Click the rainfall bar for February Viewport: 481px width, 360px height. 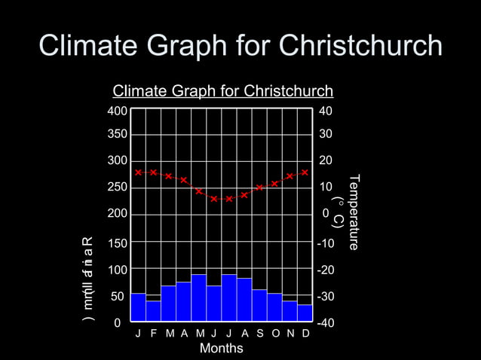[153, 311]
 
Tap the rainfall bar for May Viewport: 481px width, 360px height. [198, 298]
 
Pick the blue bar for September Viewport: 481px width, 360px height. [259, 306]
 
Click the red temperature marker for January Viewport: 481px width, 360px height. [138, 172]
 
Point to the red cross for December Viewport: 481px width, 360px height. [305, 172]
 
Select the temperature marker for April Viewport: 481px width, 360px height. [183, 180]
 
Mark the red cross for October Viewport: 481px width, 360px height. [274, 183]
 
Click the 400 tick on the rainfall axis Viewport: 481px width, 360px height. [115, 111]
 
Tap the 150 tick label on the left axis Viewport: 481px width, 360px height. [115, 243]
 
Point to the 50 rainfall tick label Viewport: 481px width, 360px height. [118, 297]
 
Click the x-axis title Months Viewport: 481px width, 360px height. [221, 348]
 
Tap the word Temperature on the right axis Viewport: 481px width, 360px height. [355, 213]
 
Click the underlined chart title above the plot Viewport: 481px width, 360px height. [222, 92]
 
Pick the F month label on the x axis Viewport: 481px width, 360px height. [153, 334]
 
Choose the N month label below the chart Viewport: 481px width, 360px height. [290, 334]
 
